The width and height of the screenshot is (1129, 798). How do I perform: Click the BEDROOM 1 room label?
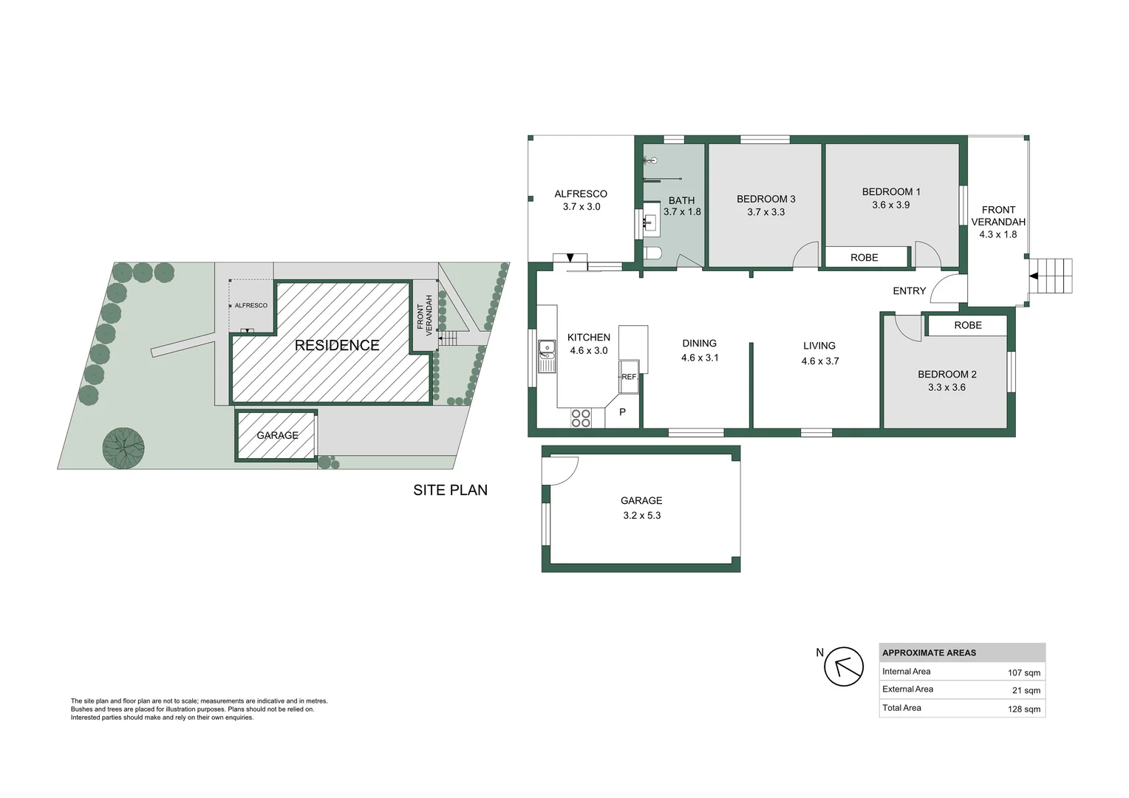tap(891, 192)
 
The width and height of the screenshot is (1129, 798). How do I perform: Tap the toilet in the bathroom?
tap(652, 253)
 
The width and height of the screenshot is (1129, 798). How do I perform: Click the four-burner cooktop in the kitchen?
tap(581, 418)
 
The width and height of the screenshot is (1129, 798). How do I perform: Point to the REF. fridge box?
tap(629, 376)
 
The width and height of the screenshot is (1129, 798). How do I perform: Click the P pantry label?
tap(622, 412)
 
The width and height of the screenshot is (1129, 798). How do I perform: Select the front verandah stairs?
tap(1051, 276)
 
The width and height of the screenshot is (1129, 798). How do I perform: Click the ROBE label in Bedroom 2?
tap(967, 325)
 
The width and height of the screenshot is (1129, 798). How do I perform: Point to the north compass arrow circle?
tap(844, 666)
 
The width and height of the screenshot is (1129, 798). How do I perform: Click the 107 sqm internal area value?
tap(1023, 672)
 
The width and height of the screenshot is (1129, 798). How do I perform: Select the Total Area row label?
tap(901, 708)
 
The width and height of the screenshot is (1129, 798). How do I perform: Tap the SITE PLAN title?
tap(450, 490)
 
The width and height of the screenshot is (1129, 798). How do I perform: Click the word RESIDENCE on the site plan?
tap(337, 345)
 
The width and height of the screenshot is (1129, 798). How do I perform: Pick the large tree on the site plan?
tap(123, 448)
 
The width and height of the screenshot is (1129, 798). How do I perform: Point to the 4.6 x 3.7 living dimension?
tap(819, 361)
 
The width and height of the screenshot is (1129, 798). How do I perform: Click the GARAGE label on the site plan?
tap(277, 435)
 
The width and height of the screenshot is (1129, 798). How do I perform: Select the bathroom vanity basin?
tap(650, 222)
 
